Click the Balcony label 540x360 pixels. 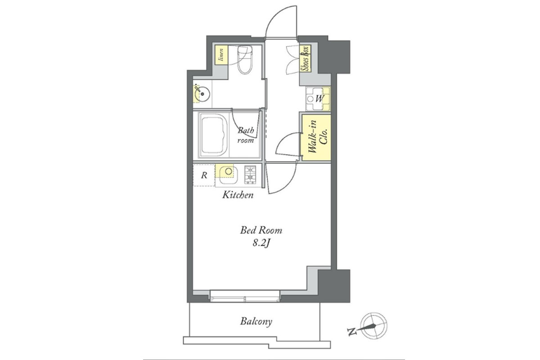(x=256, y=322)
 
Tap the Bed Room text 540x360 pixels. (x=261, y=230)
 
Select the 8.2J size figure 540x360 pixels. (x=261, y=243)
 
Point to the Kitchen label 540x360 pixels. (x=238, y=194)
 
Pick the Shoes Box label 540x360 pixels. (x=305, y=58)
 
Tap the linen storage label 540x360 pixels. (x=221, y=55)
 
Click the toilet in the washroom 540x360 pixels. (x=245, y=59)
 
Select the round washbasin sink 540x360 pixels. (x=202, y=94)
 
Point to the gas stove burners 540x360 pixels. (x=250, y=175)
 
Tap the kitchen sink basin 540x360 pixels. (x=228, y=175)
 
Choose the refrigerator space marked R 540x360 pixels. (x=204, y=175)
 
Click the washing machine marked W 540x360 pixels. (x=318, y=99)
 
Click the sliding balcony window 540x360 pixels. (x=245, y=296)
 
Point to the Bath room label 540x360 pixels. (x=246, y=135)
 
